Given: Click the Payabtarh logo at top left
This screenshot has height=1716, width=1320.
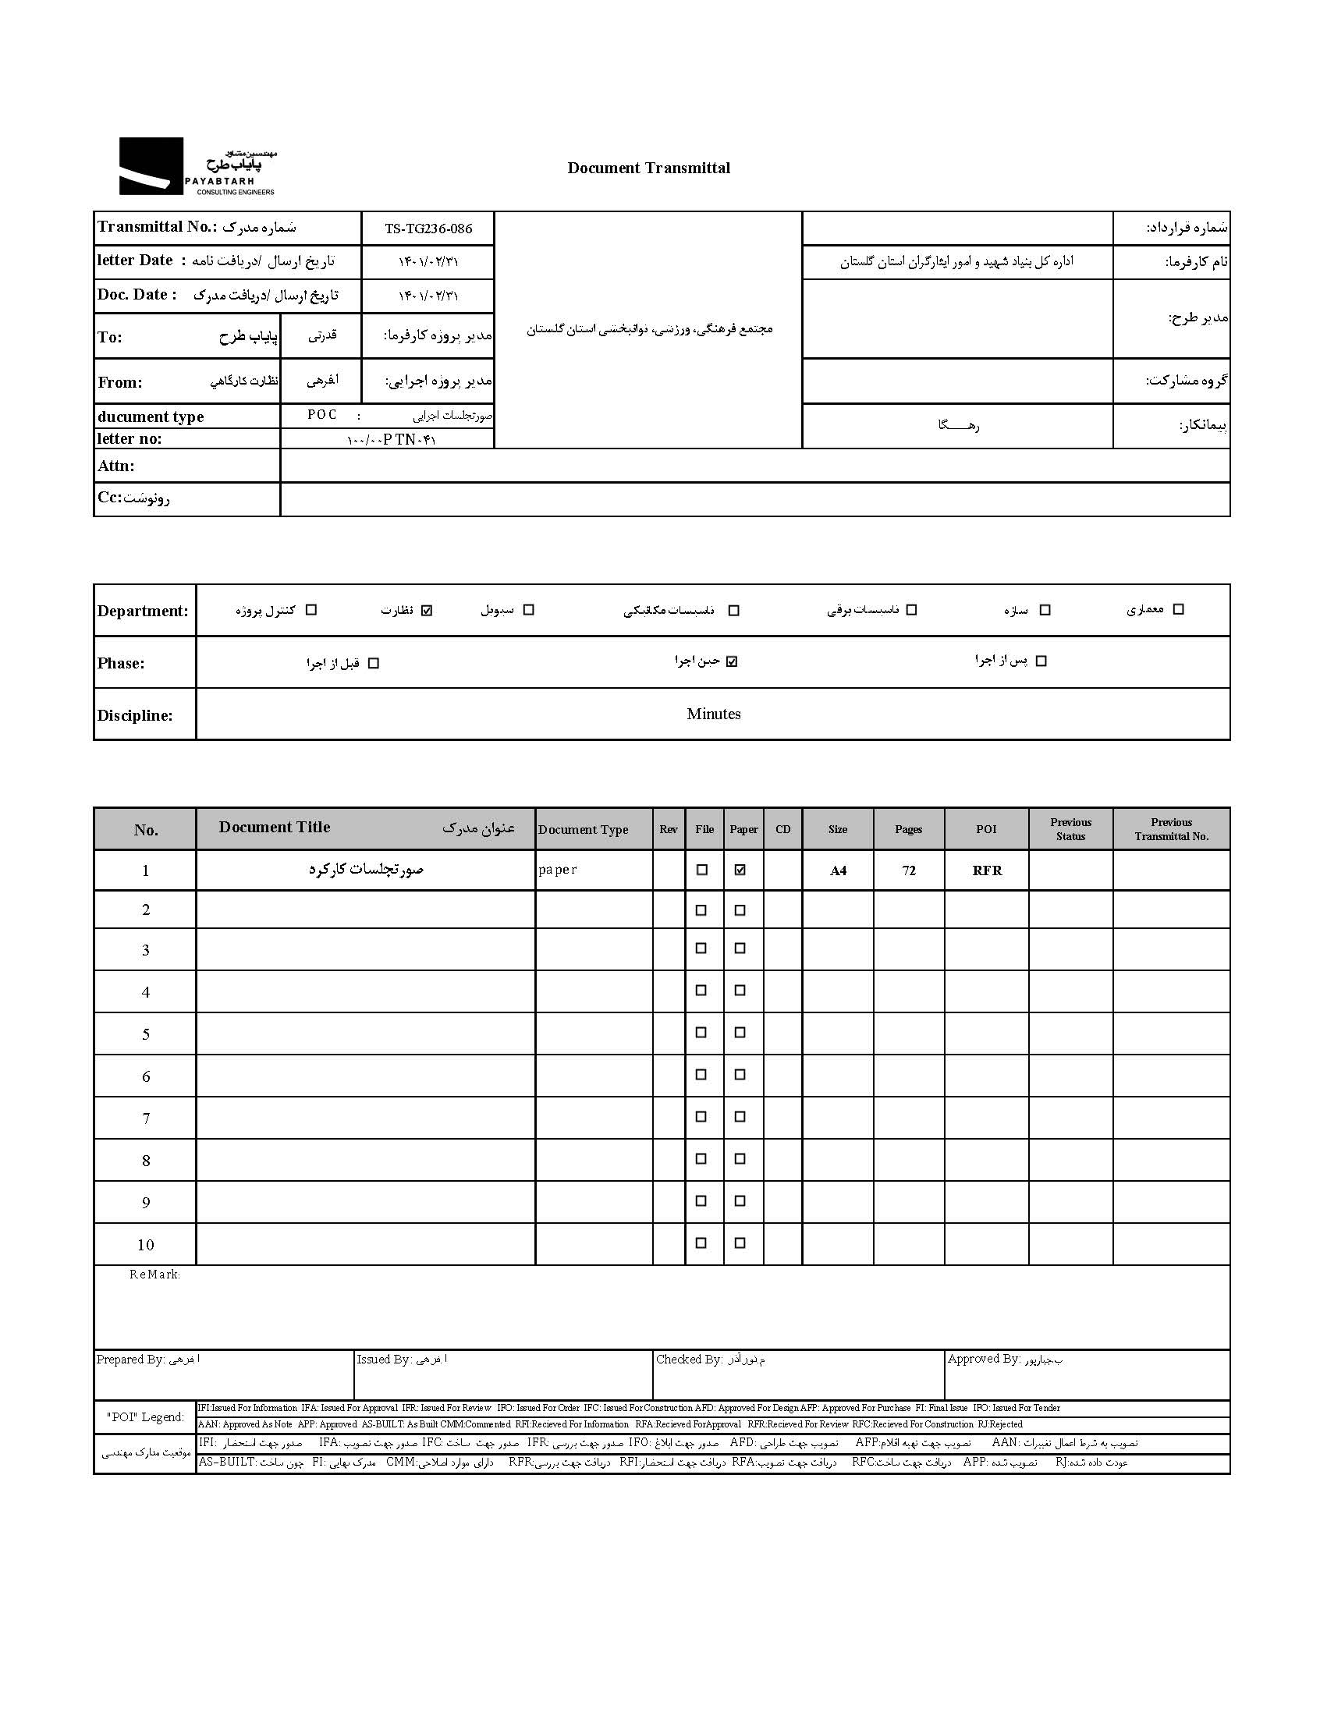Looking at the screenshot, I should click(x=197, y=166).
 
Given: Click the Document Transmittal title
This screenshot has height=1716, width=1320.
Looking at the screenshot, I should click(x=648, y=168).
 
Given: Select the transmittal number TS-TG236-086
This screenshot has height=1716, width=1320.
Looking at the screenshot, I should click(x=428, y=229).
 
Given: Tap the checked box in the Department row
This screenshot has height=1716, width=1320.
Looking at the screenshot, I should click(x=427, y=610).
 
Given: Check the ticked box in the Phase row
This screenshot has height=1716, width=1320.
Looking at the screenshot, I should click(x=733, y=661).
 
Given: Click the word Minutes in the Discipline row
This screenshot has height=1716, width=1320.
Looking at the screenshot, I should click(x=713, y=714).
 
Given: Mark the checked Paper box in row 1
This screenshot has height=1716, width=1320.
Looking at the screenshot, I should click(x=740, y=870).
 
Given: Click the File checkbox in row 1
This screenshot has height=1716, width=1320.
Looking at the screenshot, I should click(x=701, y=870).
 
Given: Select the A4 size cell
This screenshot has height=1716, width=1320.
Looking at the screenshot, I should click(x=838, y=870).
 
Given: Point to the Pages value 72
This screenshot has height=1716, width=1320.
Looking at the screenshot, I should click(x=908, y=870).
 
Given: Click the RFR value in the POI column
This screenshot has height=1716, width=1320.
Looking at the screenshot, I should click(x=987, y=870).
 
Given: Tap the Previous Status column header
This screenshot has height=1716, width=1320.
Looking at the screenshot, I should click(x=1070, y=829).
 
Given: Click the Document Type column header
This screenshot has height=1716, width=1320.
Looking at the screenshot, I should click(x=583, y=830).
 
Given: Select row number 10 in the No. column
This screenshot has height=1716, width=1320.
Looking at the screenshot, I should click(x=145, y=1245).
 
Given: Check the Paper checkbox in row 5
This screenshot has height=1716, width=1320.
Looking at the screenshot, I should click(x=740, y=1033).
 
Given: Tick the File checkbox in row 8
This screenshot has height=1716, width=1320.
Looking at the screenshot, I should click(x=701, y=1158).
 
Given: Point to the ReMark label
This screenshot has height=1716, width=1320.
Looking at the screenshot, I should click(x=154, y=1275).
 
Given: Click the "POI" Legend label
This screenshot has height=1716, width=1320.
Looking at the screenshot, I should click(x=145, y=1416).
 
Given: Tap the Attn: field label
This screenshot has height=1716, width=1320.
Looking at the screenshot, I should click(x=115, y=466).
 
